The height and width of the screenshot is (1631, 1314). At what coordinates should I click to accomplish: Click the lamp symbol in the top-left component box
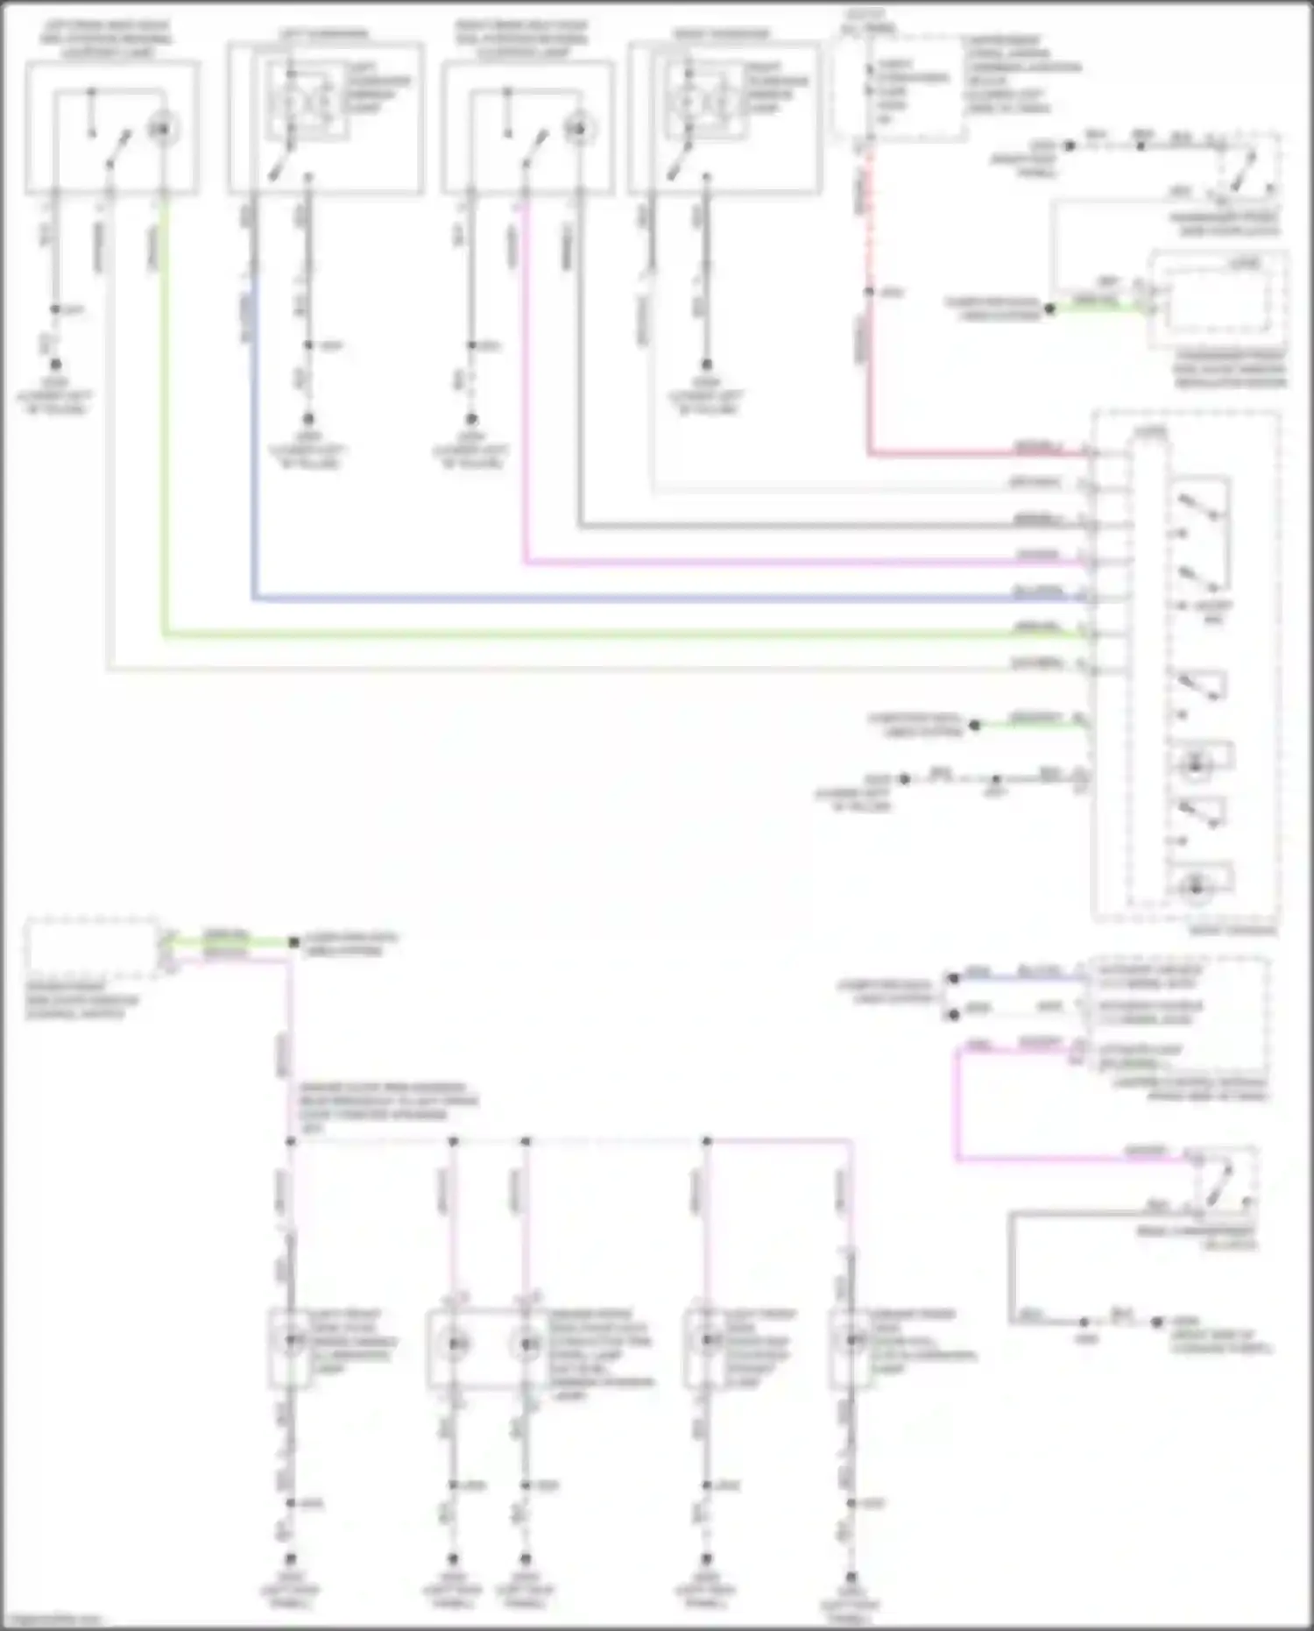(162, 130)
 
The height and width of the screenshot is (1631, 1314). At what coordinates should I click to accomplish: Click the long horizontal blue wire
(613, 599)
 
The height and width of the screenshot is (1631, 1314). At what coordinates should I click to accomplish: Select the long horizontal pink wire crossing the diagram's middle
(788, 563)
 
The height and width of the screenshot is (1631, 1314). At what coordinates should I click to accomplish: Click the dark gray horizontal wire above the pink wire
(788, 527)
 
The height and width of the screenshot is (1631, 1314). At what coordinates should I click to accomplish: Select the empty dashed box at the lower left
(91, 948)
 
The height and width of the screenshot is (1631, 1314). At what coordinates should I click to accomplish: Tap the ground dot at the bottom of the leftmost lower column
(291, 1559)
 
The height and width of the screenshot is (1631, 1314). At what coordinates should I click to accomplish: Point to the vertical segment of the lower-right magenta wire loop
(957, 1104)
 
